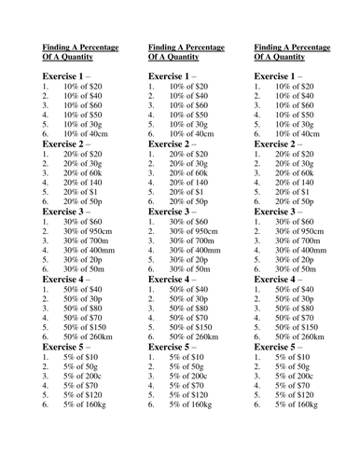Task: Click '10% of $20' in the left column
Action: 83,86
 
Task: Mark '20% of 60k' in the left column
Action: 84,173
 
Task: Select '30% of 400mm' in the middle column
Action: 195,251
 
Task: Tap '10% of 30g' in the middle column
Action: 189,123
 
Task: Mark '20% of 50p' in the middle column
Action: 189,200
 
